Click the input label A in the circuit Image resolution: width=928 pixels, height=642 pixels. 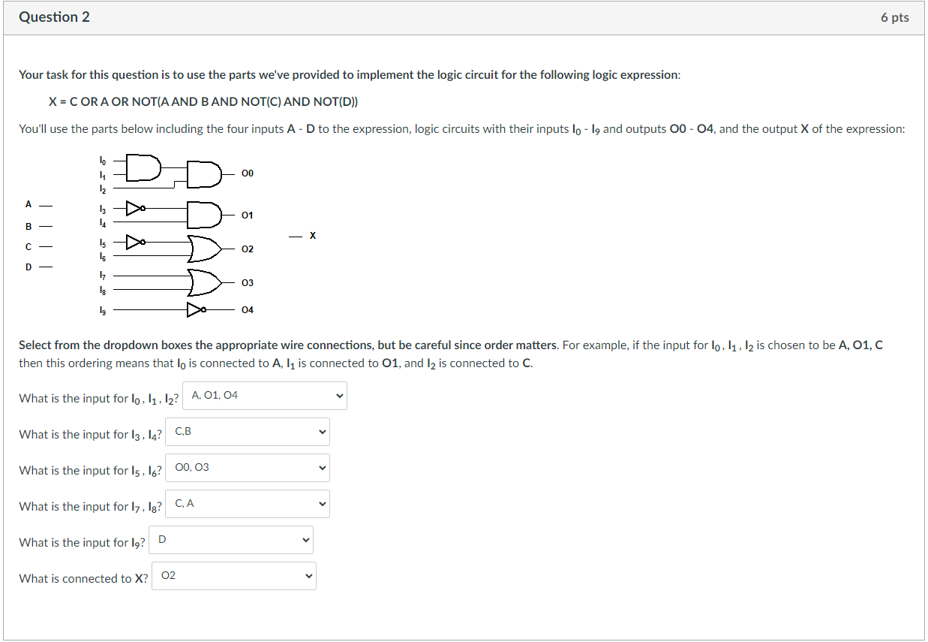point(29,203)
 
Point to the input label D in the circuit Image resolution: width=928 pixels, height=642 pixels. point(29,266)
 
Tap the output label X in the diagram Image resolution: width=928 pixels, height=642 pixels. point(313,236)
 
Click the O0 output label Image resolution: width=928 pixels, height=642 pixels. point(248,173)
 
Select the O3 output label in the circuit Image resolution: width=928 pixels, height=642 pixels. point(248,282)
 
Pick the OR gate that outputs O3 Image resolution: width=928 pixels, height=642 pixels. point(205,282)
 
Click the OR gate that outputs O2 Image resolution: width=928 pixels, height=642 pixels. point(205,249)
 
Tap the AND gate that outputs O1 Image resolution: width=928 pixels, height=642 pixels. point(205,215)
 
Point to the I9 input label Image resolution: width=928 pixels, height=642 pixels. point(103,309)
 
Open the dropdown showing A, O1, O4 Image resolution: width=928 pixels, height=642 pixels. point(264,396)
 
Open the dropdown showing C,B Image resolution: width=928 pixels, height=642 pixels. point(248,432)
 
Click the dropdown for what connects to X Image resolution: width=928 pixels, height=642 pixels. point(234,576)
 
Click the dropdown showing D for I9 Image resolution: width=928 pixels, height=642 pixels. point(232,540)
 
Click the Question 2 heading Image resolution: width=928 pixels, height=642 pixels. point(54,17)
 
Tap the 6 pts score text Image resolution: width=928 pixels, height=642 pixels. point(894,17)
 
